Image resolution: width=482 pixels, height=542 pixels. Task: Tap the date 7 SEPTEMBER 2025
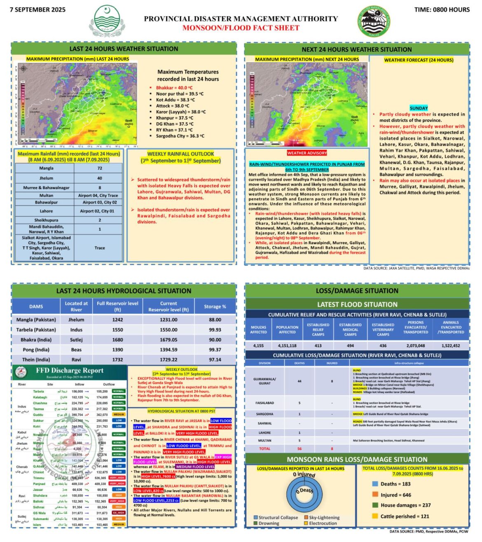pyautogui.click(x=37, y=9)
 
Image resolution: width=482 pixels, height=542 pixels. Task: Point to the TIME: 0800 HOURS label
pyautogui.click(x=442, y=9)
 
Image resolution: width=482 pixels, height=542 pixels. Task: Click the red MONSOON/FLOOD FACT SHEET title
pyautogui.click(x=241, y=28)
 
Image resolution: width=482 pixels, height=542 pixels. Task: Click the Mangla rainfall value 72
pyautogui.click(x=99, y=168)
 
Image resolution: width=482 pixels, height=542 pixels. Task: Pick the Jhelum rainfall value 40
pyautogui.click(x=99, y=178)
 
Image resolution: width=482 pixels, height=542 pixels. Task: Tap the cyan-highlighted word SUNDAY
pyautogui.click(x=419, y=108)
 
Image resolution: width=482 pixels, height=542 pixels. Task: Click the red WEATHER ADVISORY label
pyautogui.click(x=307, y=153)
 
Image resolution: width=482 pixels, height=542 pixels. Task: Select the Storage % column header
pyautogui.click(x=215, y=306)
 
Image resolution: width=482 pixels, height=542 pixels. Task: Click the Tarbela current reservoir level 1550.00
pyautogui.click(x=168, y=330)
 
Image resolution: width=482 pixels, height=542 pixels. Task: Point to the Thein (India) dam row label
pyautogui.click(x=36, y=360)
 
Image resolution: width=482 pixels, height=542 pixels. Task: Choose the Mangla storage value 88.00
pyautogui.click(x=215, y=320)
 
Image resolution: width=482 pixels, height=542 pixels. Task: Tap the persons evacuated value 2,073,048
pyautogui.click(x=415, y=346)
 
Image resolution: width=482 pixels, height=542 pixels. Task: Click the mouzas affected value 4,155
pyautogui.click(x=258, y=346)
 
